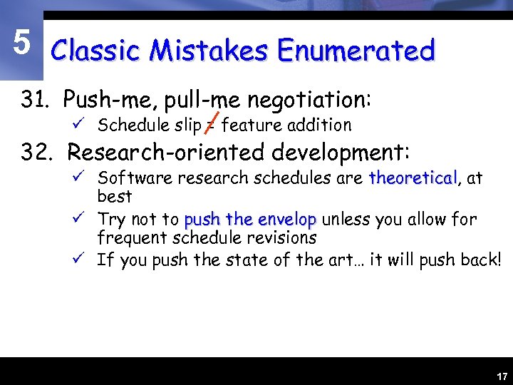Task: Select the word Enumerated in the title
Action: (x=356, y=51)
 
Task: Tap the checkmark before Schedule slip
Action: (x=84, y=125)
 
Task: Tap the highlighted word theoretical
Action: (x=413, y=178)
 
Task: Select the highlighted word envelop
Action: (x=287, y=220)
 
